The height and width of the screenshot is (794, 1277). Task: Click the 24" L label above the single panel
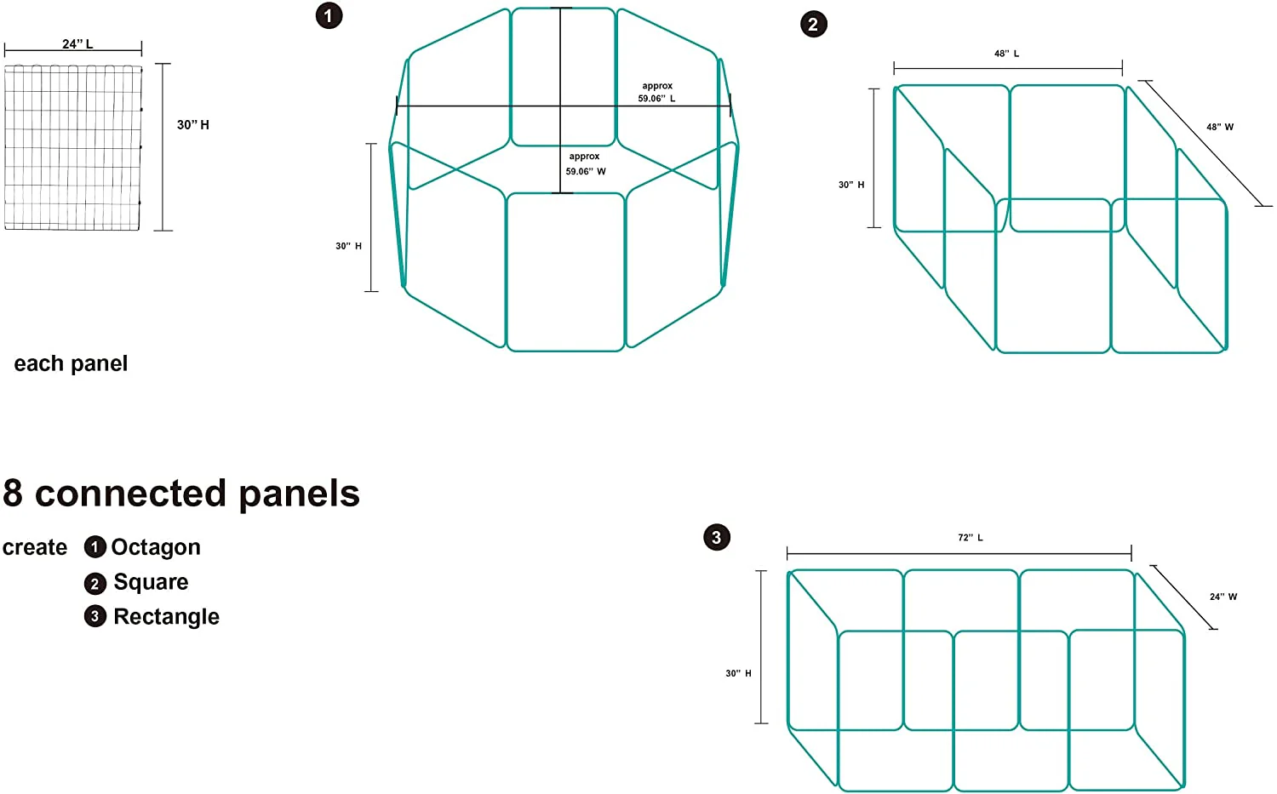(x=77, y=44)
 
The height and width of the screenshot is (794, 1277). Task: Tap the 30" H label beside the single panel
(x=192, y=125)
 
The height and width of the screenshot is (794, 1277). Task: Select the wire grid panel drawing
(x=73, y=147)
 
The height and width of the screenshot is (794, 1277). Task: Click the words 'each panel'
(x=71, y=363)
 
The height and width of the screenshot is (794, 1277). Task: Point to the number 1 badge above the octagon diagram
(x=329, y=15)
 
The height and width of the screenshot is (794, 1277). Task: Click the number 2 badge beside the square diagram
(x=814, y=24)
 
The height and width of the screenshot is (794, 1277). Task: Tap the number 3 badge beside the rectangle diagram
(x=717, y=537)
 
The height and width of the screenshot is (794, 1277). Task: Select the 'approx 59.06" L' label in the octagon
(x=656, y=92)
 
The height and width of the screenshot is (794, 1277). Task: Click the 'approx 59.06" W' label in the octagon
(x=586, y=163)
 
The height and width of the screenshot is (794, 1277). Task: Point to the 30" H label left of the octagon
(x=348, y=246)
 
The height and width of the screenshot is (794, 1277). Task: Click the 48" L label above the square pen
(x=1006, y=54)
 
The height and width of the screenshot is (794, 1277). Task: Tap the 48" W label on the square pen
(x=1219, y=127)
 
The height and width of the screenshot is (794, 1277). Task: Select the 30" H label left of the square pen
(x=851, y=185)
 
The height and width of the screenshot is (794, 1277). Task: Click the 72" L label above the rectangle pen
(x=971, y=538)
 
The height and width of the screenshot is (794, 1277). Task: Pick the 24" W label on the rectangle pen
(x=1223, y=597)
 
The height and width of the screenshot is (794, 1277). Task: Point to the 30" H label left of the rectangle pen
(x=738, y=673)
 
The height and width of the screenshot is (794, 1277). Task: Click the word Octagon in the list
(x=156, y=547)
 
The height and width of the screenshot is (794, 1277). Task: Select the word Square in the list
(x=151, y=582)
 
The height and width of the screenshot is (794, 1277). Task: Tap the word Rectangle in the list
(x=167, y=617)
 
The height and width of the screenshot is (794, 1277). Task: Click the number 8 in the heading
(x=13, y=493)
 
